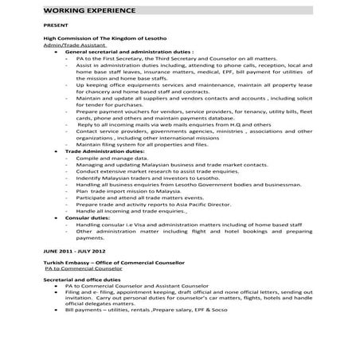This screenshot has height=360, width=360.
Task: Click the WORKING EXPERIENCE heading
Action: pos(87,10)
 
